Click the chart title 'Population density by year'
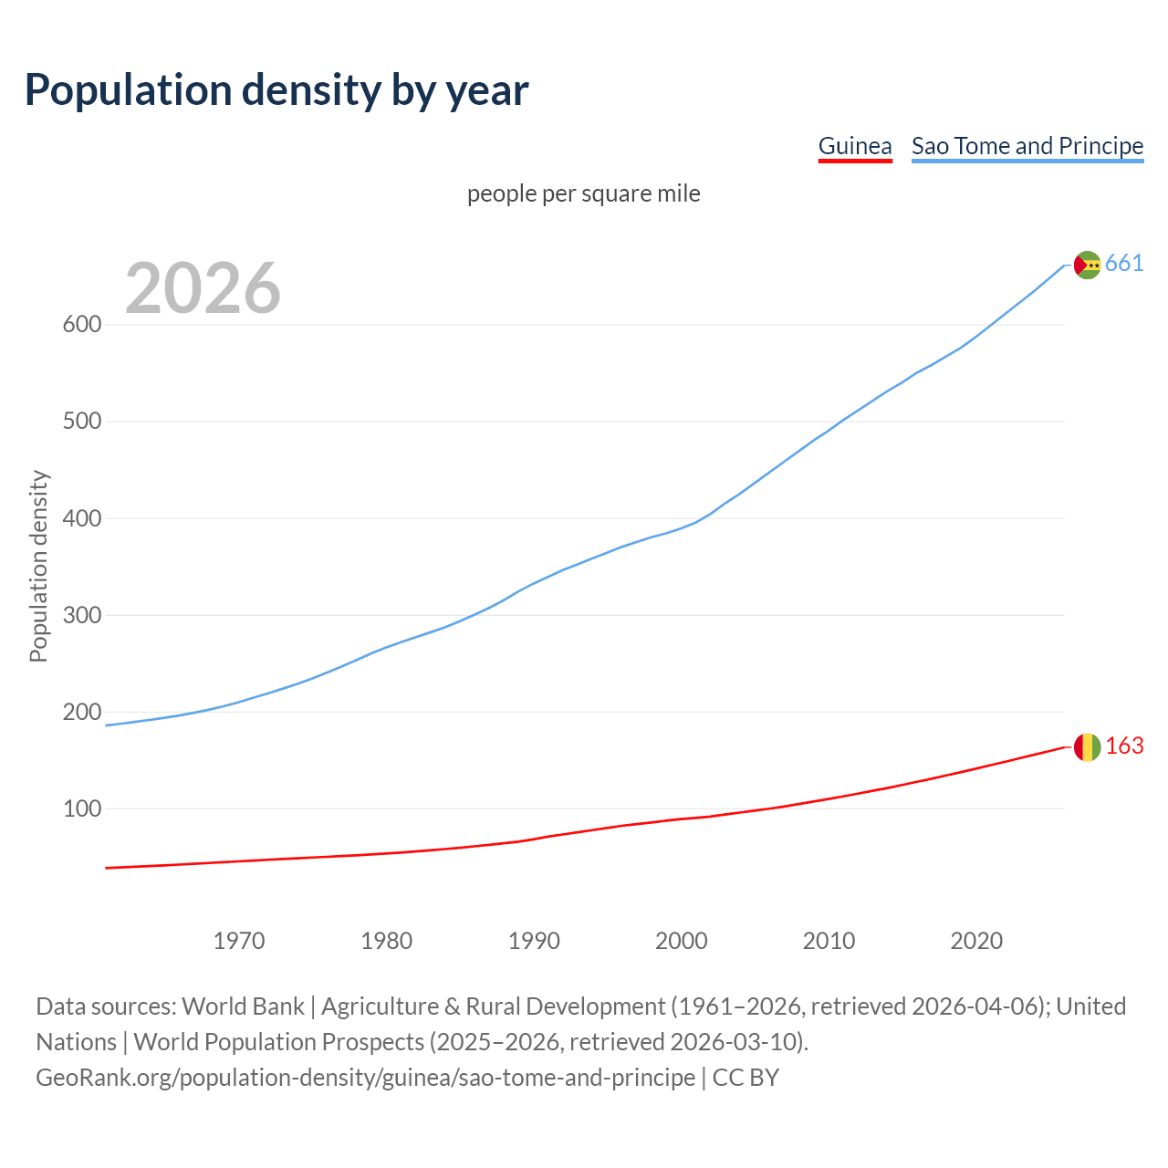(x=276, y=90)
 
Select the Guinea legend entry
(x=854, y=146)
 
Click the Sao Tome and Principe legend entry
(x=1027, y=146)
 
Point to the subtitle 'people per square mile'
(x=583, y=193)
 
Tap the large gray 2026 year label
(x=203, y=288)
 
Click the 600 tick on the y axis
(x=81, y=325)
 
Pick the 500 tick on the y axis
(x=81, y=422)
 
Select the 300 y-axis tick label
(x=81, y=615)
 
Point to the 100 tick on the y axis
(x=81, y=808)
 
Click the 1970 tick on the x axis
(x=239, y=940)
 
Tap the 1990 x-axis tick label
(x=534, y=940)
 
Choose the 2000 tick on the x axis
(x=682, y=940)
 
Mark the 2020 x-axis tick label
(x=976, y=940)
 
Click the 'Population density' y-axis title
(x=38, y=566)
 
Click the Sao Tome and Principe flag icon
(x=1087, y=265)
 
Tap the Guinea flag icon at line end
(x=1087, y=747)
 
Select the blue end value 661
(x=1124, y=264)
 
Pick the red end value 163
(x=1124, y=746)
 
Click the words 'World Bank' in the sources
(x=243, y=1006)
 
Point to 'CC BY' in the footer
(x=746, y=1077)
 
